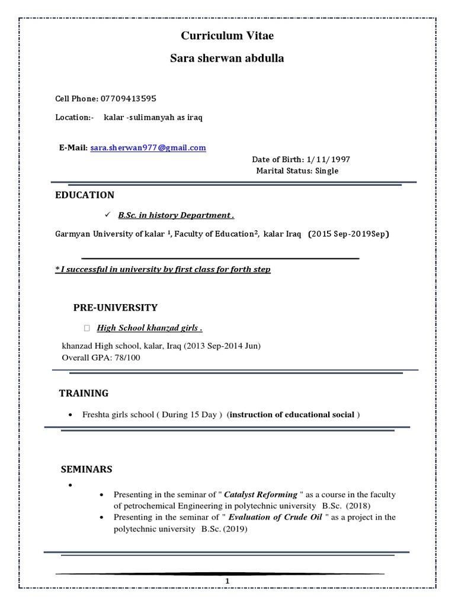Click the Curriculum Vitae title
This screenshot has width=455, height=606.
[x=227, y=37]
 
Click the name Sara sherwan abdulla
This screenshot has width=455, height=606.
[x=227, y=59]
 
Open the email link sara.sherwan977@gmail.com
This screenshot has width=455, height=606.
[x=148, y=148]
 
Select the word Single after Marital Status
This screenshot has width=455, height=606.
[x=326, y=171]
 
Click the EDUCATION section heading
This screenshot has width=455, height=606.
[x=85, y=195]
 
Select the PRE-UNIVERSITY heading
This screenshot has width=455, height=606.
[x=116, y=308]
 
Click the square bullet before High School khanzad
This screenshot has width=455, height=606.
[x=87, y=328]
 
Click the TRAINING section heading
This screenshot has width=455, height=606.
[x=84, y=393]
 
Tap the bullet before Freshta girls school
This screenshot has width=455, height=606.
[x=71, y=415]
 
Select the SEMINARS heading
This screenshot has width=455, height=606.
[x=86, y=469]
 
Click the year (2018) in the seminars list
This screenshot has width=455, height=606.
[x=358, y=506]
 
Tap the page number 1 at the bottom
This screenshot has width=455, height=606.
[x=226, y=583]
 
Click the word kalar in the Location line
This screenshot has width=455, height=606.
[x=114, y=117]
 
